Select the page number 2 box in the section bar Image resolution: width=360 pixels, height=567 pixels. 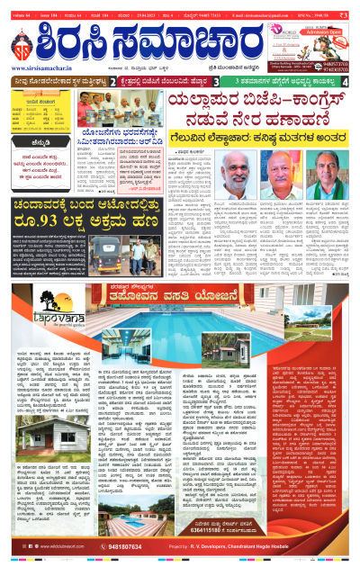(x=111, y=82)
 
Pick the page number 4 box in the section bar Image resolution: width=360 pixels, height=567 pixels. (x=346, y=82)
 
